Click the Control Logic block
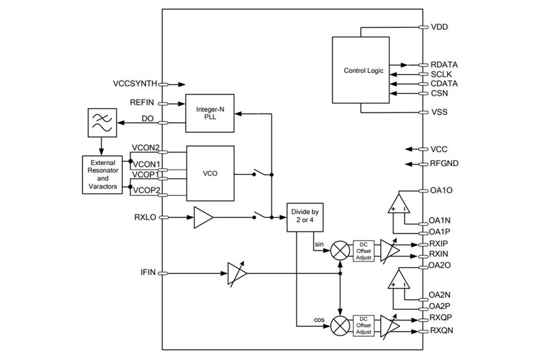point(363,70)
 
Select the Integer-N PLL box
point(210,113)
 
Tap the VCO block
point(210,173)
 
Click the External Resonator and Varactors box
point(103,175)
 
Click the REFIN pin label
point(142,103)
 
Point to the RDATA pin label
point(444,65)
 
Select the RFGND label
point(444,164)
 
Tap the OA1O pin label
point(441,191)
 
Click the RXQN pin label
point(441,331)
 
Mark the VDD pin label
point(440,27)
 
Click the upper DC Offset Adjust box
point(363,251)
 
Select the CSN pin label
point(440,93)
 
